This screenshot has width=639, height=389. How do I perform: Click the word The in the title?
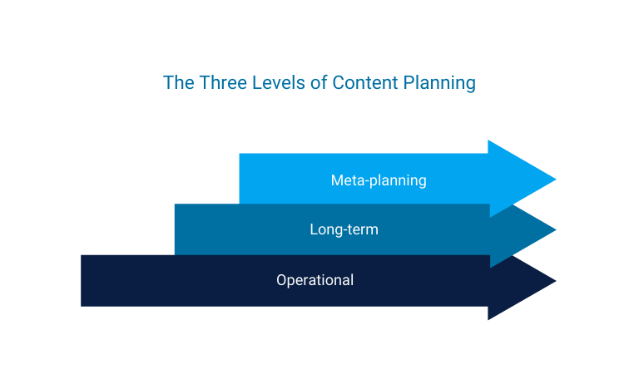pyautogui.click(x=177, y=83)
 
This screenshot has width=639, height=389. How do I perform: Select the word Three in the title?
pyautogui.click(x=218, y=83)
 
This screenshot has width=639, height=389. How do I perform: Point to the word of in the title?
pyautogui.click(x=319, y=83)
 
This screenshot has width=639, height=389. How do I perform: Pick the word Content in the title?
pyautogui.click(x=362, y=83)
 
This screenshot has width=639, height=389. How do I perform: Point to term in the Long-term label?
pyautogui.click(x=363, y=229)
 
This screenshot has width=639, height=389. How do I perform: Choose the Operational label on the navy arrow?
pyautogui.click(x=315, y=280)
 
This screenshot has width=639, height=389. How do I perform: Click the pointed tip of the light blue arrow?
pyautogui.click(x=554, y=179)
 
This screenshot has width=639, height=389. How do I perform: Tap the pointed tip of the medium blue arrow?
pyautogui.click(x=554, y=229)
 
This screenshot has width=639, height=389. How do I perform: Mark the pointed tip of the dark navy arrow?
pyautogui.click(x=554, y=280)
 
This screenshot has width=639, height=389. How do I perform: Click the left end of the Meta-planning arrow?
pyautogui.click(x=241, y=179)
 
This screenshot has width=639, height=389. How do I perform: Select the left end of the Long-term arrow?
pyautogui.click(x=177, y=229)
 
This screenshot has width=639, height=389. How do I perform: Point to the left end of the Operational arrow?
pyautogui.click(x=83, y=280)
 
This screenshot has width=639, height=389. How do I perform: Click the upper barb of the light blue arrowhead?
pyautogui.click(x=489, y=142)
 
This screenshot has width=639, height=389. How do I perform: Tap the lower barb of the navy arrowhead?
pyautogui.click(x=489, y=318)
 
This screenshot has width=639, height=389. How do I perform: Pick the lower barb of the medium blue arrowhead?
pyautogui.click(x=492, y=265)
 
